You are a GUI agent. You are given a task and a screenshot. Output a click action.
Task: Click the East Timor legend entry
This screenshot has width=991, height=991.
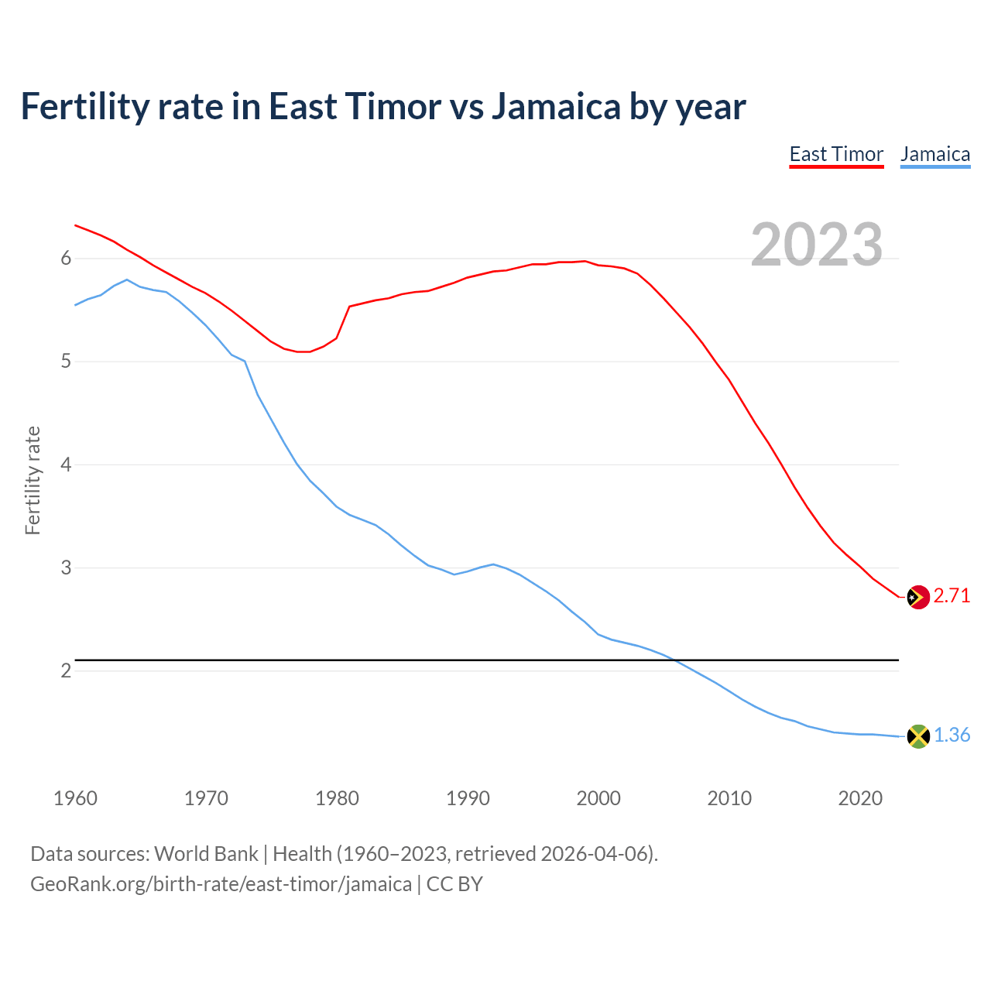click(x=836, y=154)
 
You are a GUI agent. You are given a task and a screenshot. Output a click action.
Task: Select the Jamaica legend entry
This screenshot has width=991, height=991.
click(x=935, y=154)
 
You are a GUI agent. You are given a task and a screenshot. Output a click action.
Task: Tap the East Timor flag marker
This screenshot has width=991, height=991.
click(x=917, y=597)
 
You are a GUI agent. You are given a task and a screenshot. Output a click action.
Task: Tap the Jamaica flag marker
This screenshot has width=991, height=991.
click(x=917, y=736)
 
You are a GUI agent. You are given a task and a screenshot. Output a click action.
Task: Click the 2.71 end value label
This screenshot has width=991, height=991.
click(x=952, y=595)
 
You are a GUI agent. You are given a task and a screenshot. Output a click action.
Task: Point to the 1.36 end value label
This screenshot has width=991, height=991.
click(x=952, y=735)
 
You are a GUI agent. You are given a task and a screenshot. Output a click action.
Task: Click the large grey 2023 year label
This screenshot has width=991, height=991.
click(x=816, y=245)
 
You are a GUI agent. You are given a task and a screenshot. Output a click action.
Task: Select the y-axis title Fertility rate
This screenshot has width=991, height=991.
click(x=33, y=480)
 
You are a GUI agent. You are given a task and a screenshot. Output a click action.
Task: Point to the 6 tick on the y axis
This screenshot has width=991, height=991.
click(x=66, y=258)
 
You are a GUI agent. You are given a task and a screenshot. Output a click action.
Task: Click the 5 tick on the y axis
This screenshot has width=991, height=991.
click(x=66, y=362)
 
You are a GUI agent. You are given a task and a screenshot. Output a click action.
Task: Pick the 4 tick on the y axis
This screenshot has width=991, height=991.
click(x=66, y=465)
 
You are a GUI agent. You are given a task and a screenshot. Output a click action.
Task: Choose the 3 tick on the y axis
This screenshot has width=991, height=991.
click(x=66, y=568)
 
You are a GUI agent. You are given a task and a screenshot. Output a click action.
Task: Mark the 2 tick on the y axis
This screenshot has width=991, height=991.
click(x=66, y=670)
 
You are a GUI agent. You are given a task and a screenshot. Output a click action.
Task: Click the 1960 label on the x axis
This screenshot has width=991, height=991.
click(x=75, y=798)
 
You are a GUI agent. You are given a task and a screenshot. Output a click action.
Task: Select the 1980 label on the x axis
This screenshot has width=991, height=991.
click(x=337, y=798)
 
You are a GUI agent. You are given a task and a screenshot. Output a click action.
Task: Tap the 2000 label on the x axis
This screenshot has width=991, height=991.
click(x=598, y=798)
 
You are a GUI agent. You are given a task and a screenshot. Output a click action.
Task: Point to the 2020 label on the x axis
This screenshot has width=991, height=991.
click(x=860, y=798)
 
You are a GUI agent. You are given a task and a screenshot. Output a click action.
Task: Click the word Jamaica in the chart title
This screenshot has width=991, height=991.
click(x=556, y=106)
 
